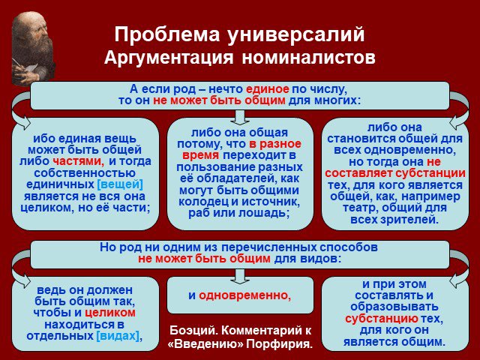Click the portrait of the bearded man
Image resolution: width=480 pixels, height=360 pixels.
33,48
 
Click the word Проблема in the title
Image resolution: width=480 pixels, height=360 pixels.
167,34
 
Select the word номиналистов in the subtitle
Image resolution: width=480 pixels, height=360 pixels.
308,57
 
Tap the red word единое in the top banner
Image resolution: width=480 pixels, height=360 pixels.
267,89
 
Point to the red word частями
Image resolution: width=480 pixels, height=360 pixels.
78,161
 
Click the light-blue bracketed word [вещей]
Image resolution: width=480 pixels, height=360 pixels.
120,184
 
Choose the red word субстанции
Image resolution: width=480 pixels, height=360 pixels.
430,173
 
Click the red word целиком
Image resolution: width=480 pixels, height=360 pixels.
110,313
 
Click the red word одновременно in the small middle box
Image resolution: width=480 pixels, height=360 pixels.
244,295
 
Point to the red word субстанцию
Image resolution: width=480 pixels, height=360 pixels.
382,319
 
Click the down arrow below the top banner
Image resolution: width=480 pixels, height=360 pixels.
240,117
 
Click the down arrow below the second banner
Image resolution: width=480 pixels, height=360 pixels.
240,277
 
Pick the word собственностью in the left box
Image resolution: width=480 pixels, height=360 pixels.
85,173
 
